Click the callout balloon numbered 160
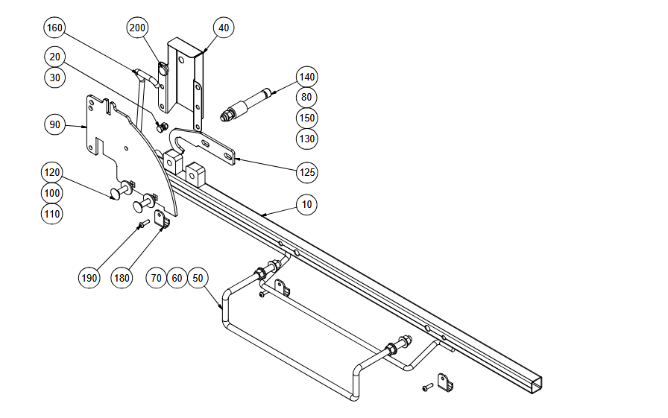coord(55,28)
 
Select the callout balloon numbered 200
coord(137,28)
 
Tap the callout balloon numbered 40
coord(223,28)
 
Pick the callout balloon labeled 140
coord(306,77)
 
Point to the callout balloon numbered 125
coord(306,173)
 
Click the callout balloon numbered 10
coord(306,203)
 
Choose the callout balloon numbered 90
coord(55,124)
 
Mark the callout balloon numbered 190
coord(89,278)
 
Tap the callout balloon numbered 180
coord(122,278)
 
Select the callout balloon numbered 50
coord(198,277)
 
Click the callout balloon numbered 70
coord(157,277)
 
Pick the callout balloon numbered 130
coord(306,139)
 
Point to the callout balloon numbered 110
coord(52,214)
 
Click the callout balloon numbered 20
coord(55,57)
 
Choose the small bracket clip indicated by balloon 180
coord(162,219)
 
